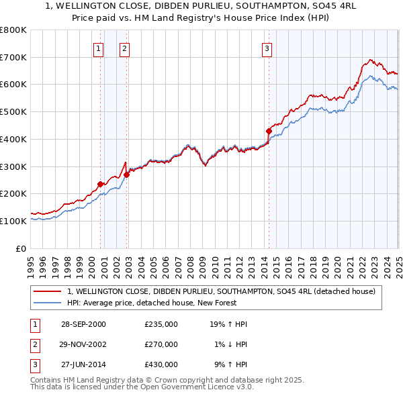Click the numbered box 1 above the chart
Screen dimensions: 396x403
[x=99, y=48]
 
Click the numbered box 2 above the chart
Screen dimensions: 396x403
[x=125, y=48]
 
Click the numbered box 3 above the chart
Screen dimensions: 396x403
[x=267, y=48]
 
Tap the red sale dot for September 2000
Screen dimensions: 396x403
[x=100, y=184]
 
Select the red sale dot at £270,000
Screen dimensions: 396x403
[x=127, y=175]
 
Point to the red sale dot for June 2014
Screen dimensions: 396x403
[x=269, y=131]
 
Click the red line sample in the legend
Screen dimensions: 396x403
[x=47, y=291]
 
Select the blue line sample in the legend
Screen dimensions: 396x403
[x=47, y=303]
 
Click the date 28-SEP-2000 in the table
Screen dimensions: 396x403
[x=83, y=324]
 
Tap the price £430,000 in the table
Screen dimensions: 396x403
[x=161, y=364]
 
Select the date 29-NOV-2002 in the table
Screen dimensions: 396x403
[x=83, y=344]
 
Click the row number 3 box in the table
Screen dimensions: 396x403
[x=33, y=364]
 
